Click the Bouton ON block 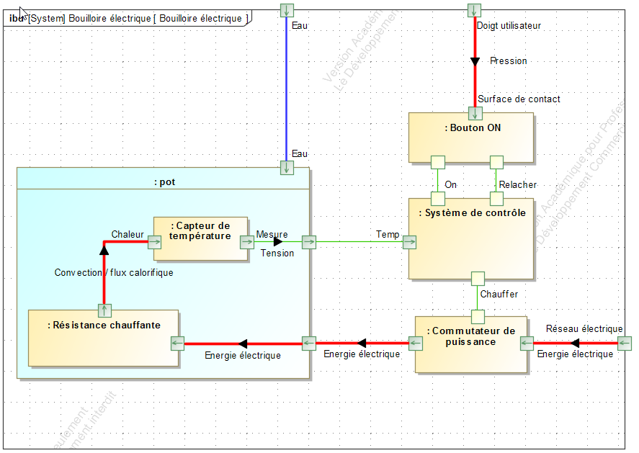(x=471, y=138)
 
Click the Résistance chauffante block (x=103, y=338)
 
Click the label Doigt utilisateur (x=509, y=26)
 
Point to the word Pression (x=509, y=61)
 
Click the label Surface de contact (x=519, y=99)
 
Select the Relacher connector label (x=518, y=185)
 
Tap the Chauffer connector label (x=499, y=295)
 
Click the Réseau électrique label (x=584, y=329)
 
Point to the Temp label (x=388, y=235)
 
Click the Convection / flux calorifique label (x=114, y=273)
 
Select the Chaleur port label (x=128, y=235)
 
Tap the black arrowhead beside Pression (x=475, y=61)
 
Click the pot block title (x=164, y=182)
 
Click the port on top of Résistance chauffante (x=104, y=310)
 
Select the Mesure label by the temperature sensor (x=272, y=235)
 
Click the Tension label (x=277, y=253)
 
